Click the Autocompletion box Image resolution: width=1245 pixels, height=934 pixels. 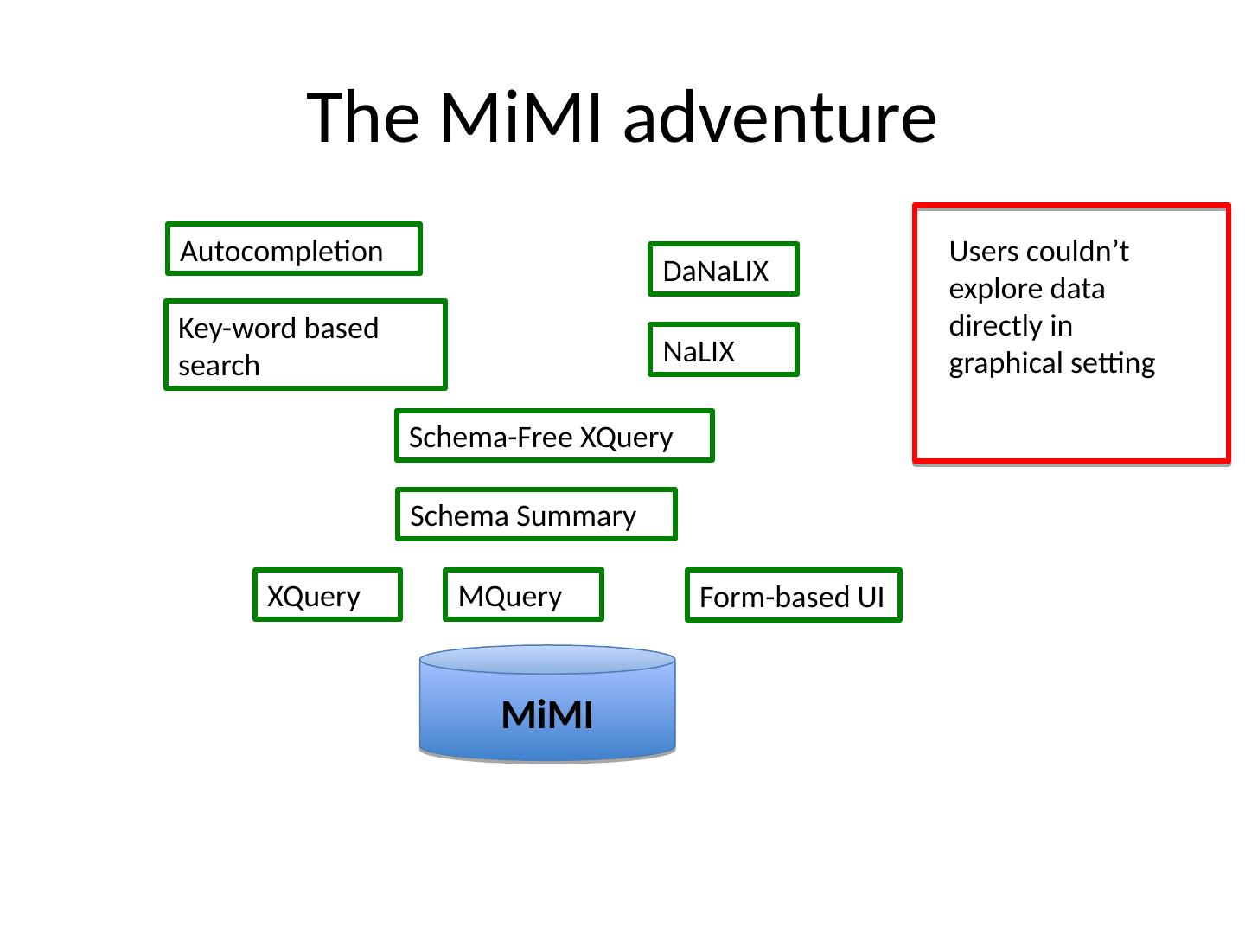(293, 249)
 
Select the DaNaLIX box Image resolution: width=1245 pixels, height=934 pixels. (723, 269)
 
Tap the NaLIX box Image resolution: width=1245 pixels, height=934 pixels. (723, 349)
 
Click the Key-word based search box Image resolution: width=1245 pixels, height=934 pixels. (305, 344)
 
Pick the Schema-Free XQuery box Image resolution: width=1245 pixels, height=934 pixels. (554, 435)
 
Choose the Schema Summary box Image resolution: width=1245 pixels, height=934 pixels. (536, 515)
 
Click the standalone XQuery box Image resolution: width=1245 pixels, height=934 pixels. (328, 595)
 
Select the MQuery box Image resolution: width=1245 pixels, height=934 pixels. (523, 595)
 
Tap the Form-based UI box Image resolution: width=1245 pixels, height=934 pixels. (793, 595)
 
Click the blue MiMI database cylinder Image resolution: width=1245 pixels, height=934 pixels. (547, 705)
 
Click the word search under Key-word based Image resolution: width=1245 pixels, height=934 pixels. (219, 366)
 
